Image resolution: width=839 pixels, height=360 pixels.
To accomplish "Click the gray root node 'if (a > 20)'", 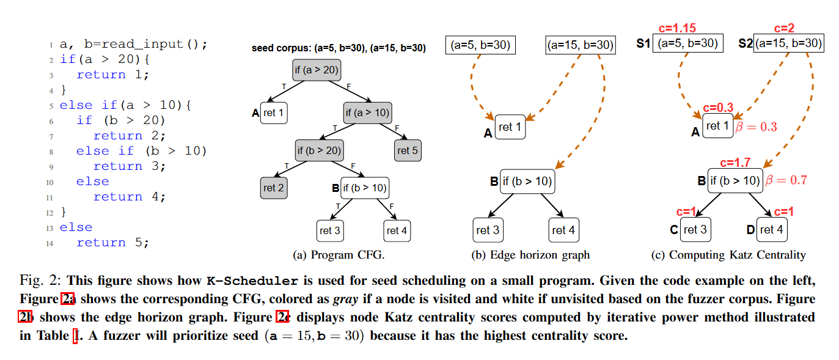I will pyautogui.click(x=316, y=70).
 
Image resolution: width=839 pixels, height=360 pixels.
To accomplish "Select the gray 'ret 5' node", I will pyautogui.click(x=408, y=150).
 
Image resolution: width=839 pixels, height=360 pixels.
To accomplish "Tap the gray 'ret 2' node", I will pyautogui.click(x=274, y=188).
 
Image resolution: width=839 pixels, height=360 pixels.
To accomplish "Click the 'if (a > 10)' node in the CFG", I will pyautogui.click(x=367, y=112).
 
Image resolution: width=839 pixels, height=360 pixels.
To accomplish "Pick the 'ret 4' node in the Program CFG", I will pyautogui.click(x=397, y=230).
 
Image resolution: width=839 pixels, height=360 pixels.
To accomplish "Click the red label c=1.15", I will pyautogui.click(x=677, y=28).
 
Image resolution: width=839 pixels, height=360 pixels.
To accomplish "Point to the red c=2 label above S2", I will pyautogui.click(x=785, y=28).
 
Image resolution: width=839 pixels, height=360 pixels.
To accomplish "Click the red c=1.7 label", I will pyautogui.click(x=735, y=163).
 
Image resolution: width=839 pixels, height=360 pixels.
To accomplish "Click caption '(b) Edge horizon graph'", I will pyautogui.click(x=530, y=255).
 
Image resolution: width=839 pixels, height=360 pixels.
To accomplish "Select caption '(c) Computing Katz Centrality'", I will pyautogui.click(x=728, y=255).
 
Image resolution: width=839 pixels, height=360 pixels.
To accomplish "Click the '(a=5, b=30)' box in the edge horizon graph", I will pyautogui.click(x=480, y=45).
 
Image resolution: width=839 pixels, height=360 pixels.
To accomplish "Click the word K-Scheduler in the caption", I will pyautogui.click(x=254, y=281).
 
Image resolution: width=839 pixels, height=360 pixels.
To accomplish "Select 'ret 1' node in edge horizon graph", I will pyautogui.click(x=510, y=127).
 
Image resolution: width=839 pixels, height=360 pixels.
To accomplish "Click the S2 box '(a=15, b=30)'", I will pyautogui.click(x=788, y=43).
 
